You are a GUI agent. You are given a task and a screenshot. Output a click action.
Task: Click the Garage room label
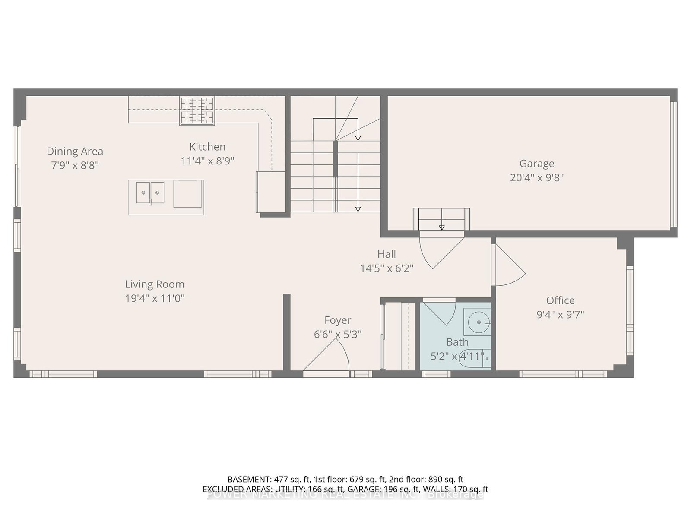[x=537, y=164]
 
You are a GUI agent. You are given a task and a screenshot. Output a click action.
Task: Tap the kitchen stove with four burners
[x=197, y=111]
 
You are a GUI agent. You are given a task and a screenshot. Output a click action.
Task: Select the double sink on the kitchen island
[x=150, y=193]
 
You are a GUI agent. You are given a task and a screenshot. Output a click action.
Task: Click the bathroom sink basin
[x=478, y=322]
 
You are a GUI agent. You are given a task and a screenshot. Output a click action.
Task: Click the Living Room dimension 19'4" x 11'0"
[x=155, y=298]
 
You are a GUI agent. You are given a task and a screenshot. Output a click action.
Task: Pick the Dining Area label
[x=75, y=152]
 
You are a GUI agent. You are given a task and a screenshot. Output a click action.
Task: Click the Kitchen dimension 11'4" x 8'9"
[x=207, y=161]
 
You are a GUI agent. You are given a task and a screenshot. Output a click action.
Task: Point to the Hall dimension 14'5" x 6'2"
[x=387, y=268]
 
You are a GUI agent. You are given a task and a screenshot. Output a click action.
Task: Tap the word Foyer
[x=338, y=320]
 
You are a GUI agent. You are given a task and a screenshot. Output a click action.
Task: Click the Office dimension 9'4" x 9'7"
[x=560, y=315]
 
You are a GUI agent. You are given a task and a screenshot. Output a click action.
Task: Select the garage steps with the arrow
[x=441, y=219]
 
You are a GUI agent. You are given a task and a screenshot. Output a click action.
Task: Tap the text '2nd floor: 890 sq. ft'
[x=426, y=479]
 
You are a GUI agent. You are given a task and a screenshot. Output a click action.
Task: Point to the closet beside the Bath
[x=399, y=336]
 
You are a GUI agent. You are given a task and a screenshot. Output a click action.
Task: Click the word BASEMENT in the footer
[x=248, y=479]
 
